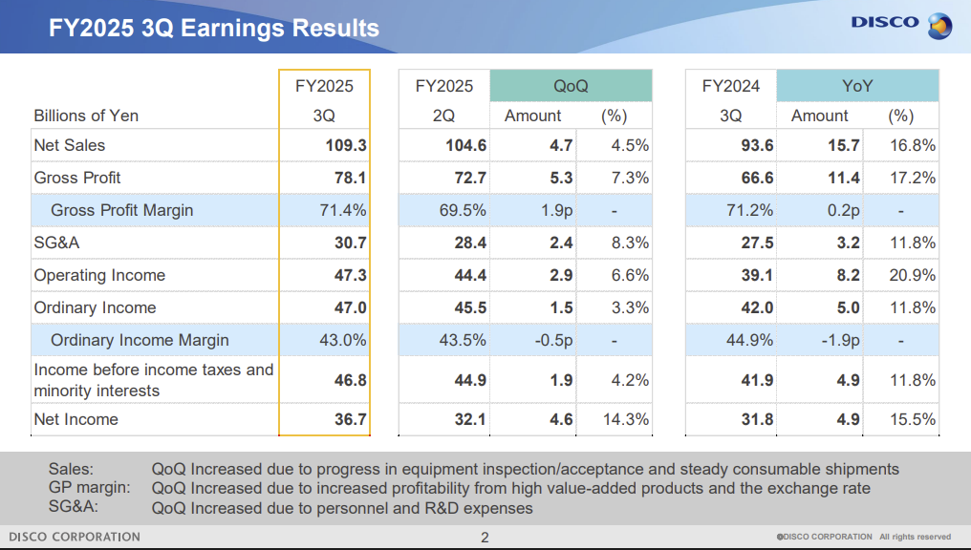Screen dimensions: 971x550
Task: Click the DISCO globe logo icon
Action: pyautogui.click(x=939, y=26)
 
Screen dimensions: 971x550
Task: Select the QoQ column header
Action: pyautogui.click(x=571, y=86)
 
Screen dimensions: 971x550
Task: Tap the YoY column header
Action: pyautogui.click(x=857, y=86)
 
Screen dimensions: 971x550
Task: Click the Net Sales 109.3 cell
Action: pyautogui.click(x=346, y=145)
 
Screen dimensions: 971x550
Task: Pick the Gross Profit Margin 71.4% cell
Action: pyautogui.click(x=342, y=210)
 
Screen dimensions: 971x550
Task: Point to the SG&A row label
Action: pyautogui.click(x=56, y=243)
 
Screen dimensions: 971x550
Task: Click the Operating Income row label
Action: pyautogui.click(x=99, y=275)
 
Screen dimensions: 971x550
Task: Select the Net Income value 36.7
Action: pyautogui.click(x=351, y=419)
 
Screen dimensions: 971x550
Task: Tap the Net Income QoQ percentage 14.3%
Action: pyautogui.click(x=625, y=419)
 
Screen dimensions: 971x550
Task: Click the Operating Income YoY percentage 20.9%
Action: pyautogui.click(x=912, y=275)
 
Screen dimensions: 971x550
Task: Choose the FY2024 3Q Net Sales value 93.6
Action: pyautogui.click(x=757, y=145)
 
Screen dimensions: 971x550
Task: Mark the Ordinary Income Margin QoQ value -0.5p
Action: pyautogui.click(x=553, y=340)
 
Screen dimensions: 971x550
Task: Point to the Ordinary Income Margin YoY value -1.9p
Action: pyautogui.click(x=840, y=340)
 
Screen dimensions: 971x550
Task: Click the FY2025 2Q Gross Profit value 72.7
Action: pyautogui.click(x=470, y=179)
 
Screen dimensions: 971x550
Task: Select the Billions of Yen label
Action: pyautogui.click(x=86, y=116)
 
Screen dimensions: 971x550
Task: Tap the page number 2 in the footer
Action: pyautogui.click(x=485, y=538)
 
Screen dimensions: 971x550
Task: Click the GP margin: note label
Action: pyautogui.click(x=89, y=488)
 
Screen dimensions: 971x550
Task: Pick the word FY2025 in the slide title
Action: pyautogui.click(x=92, y=28)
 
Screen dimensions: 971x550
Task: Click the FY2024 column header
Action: pyautogui.click(x=731, y=86)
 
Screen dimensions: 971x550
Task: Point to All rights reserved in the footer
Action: pyautogui.click(x=916, y=537)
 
